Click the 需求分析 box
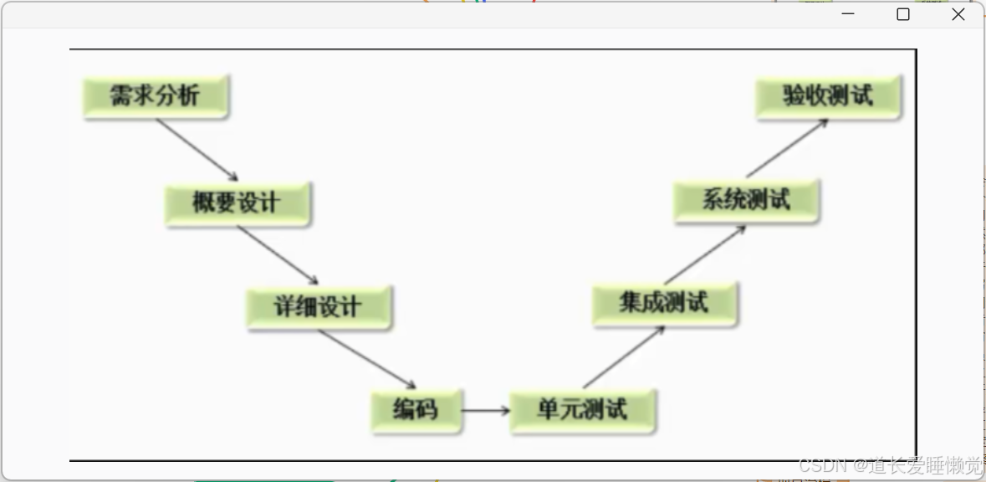click(156, 96)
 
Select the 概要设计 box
click(238, 203)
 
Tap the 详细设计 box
click(319, 307)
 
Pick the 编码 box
click(416, 411)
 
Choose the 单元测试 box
click(582, 411)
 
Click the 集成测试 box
click(664, 303)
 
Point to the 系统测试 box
click(746, 201)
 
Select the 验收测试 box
click(828, 96)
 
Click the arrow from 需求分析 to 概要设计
click(197, 150)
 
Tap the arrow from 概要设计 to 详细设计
click(278, 255)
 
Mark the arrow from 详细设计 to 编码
click(366, 359)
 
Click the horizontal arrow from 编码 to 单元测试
click(485, 411)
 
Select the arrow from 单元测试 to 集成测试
click(623, 357)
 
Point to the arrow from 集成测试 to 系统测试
click(704, 254)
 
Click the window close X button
click(958, 14)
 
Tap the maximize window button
click(903, 14)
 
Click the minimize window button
click(848, 14)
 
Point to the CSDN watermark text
click(889, 465)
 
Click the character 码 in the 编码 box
click(427, 411)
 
